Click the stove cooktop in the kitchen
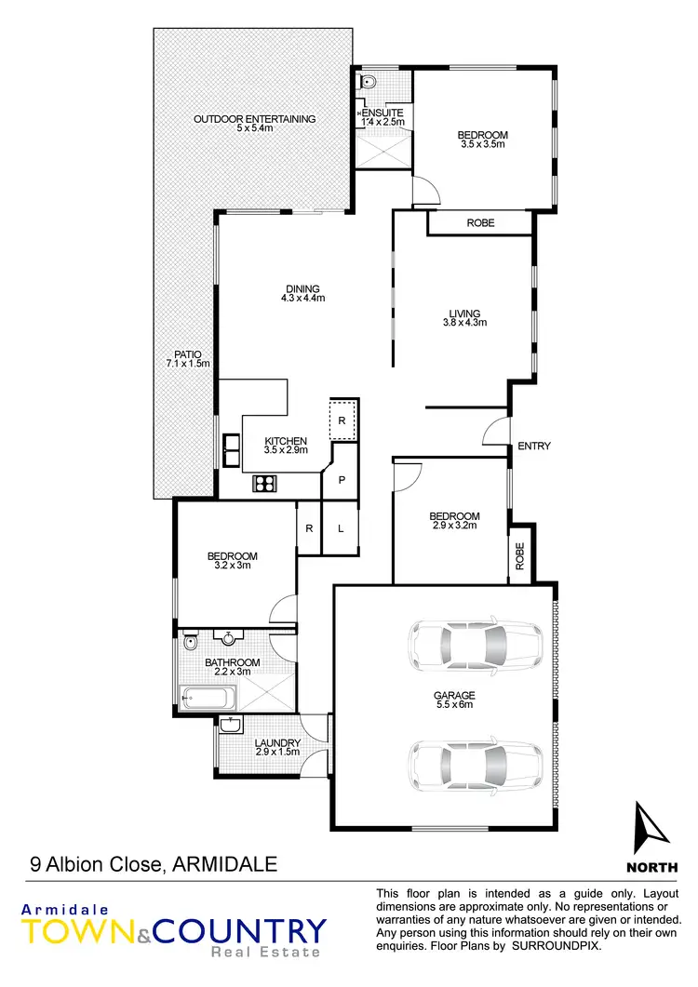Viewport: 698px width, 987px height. pos(265,483)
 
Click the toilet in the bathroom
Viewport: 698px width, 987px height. pos(190,643)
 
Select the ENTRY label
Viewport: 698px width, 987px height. pos(534,447)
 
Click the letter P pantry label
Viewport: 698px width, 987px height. pos(342,481)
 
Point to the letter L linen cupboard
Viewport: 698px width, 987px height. pos(342,528)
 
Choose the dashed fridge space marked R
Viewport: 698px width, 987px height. pos(342,420)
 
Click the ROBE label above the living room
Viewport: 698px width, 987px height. pos(480,223)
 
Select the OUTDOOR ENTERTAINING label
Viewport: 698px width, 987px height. pos(254,119)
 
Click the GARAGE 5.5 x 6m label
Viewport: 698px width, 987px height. pos(454,700)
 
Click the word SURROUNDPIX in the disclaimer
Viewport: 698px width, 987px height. pos(560,946)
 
